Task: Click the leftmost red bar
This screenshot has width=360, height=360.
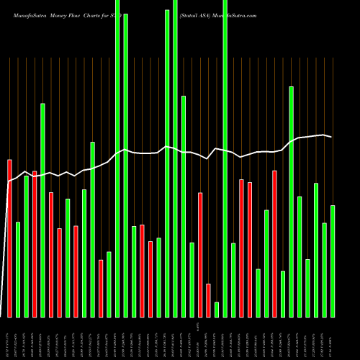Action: pyautogui.click(x=9, y=238)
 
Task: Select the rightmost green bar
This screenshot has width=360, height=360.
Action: pyautogui.click(x=333, y=261)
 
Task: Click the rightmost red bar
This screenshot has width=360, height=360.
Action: pyautogui.click(x=274, y=243)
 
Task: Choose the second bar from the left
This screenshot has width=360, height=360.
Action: pyautogui.click(x=18, y=269)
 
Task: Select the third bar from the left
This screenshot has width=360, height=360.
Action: pyautogui.click(x=26, y=246)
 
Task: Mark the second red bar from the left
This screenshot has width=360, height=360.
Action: pyautogui.click(x=35, y=243)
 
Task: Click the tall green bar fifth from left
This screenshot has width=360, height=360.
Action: pyautogui.click(x=42, y=210)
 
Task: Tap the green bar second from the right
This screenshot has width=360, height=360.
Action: pyautogui.click(x=324, y=270)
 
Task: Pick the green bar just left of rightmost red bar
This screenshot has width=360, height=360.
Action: pyautogui.click(x=266, y=264)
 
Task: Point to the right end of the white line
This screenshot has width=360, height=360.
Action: pyautogui.click(x=332, y=137)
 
